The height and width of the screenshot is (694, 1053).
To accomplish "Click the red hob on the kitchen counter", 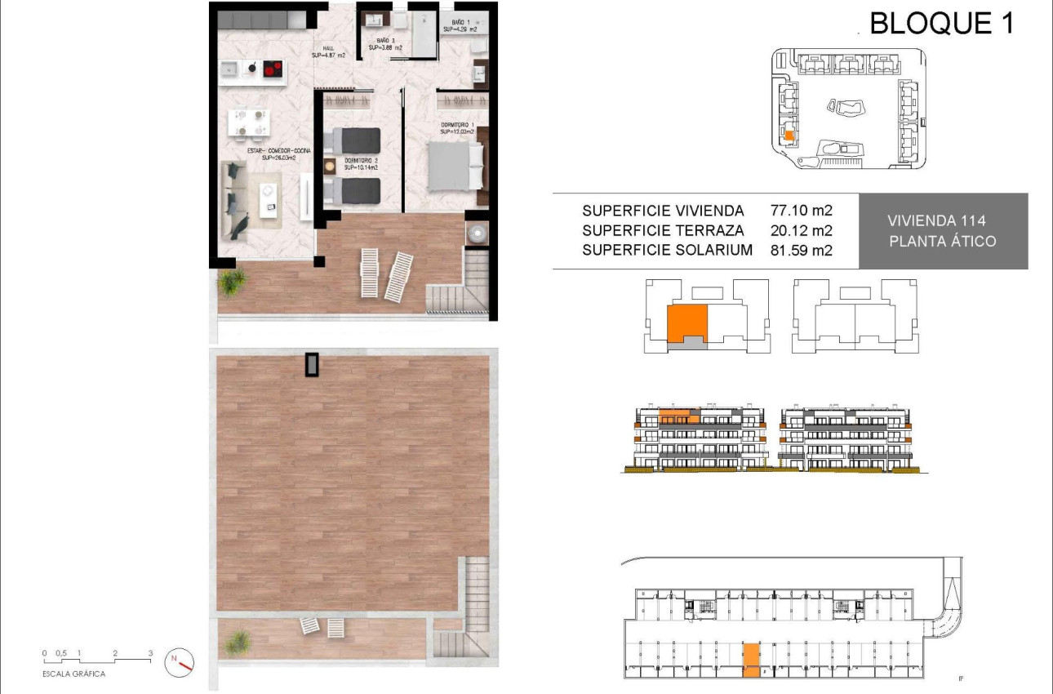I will [273, 71].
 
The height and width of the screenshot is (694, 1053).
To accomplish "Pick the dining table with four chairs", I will [250, 122].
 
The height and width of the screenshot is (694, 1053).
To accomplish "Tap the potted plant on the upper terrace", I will [233, 282].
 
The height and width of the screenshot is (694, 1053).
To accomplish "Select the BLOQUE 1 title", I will [941, 24].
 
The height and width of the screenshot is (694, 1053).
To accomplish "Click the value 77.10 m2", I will [801, 211].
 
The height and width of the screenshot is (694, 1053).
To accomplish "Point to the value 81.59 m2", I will [801, 251].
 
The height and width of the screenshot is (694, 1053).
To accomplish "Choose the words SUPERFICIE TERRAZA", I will [663, 231].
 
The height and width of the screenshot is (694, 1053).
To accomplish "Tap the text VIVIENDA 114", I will [936, 220].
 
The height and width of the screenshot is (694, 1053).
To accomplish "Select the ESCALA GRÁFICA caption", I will [73, 674].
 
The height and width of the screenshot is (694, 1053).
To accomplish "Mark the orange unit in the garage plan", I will [750, 660].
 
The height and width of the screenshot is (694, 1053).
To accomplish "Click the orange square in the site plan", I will [789, 136].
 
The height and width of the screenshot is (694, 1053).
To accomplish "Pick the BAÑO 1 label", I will [460, 24].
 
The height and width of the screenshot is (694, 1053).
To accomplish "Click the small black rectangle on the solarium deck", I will [312, 365].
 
